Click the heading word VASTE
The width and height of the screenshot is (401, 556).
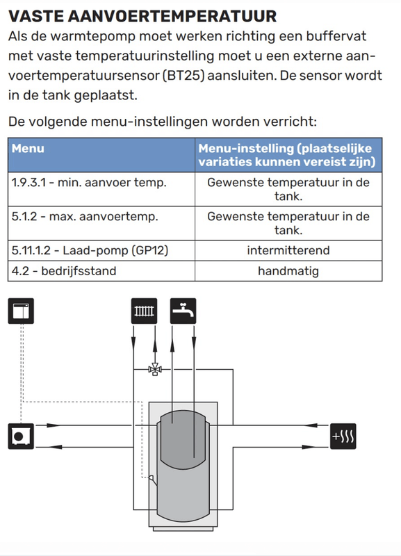tap(35, 16)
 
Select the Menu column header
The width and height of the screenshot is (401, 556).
tap(101, 155)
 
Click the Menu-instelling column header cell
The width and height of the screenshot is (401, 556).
tap(288, 155)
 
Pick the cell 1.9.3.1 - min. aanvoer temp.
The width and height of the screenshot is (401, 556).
tap(101, 189)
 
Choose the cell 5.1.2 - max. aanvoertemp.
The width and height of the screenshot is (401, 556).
tap(101, 223)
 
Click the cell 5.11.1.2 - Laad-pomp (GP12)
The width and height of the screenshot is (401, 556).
tap(101, 250)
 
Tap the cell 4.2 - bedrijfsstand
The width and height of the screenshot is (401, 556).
tap(101, 271)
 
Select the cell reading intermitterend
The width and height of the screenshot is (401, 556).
tap(288, 250)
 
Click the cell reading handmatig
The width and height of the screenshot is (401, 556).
tap(288, 271)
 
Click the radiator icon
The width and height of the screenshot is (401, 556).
tap(144, 311)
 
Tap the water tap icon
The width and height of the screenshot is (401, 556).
tap(183, 311)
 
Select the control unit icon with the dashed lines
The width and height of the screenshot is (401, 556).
tap(21, 311)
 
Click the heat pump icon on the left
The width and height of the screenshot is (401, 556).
tap(21, 436)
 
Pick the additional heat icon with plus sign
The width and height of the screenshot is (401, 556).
tap(343, 436)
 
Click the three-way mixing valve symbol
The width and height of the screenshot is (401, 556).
tap(154, 369)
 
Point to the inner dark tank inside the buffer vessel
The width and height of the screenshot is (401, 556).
tap(183, 440)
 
